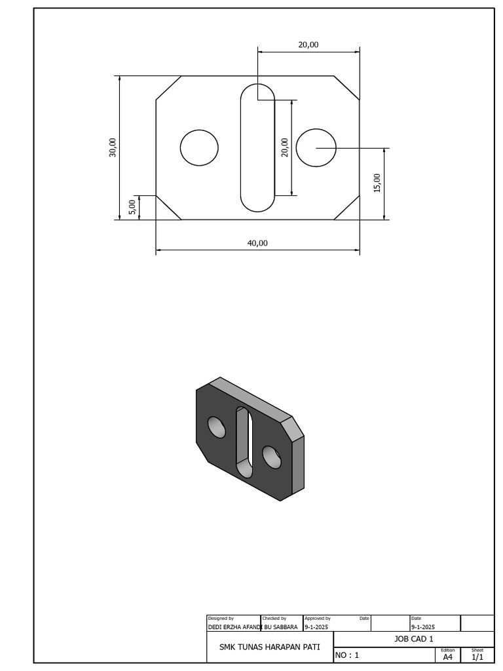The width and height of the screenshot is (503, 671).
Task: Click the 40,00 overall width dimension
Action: [x=257, y=242]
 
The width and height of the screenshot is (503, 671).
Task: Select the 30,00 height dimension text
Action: [x=113, y=147]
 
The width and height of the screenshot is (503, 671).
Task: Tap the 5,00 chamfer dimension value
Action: [x=132, y=207]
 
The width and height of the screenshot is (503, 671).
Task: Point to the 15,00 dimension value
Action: [x=377, y=183]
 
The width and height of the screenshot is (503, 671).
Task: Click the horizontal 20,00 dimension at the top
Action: [x=308, y=45]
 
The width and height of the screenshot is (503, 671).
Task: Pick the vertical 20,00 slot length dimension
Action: [x=284, y=147]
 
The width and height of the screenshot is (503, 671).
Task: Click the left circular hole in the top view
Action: [x=199, y=147]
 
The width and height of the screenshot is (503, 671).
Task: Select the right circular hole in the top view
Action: [x=316, y=147]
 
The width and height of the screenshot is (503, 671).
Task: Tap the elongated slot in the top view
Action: [x=257, y=147]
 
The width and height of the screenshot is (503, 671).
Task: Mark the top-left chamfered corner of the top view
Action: [x=168, y=88]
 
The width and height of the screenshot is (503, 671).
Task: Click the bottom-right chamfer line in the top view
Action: [x=346, y=208]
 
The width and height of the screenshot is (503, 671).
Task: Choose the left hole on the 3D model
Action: [x=217, y=427]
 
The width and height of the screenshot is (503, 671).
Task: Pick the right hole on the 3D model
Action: [x=270, y=455]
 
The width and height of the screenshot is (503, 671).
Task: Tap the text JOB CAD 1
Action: [x=413, y=639]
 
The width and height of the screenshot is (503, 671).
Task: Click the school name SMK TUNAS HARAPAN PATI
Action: [x=269, y=647]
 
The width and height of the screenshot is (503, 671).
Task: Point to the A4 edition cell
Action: [x=448, y=657]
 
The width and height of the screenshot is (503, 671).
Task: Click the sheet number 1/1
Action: [x=477, y=657]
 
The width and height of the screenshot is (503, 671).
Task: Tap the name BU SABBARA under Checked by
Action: [x=281, y=627]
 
